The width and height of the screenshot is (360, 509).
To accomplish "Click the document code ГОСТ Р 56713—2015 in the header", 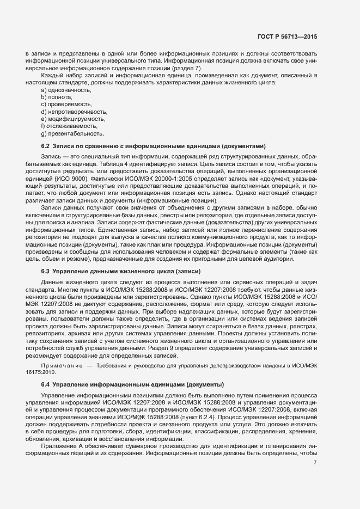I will coord(287,36).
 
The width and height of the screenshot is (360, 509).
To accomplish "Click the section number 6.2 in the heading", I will coord(46,146).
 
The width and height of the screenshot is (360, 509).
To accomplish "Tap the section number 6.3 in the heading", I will coord(46,271).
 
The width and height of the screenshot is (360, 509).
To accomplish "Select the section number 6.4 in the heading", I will coord(46,385).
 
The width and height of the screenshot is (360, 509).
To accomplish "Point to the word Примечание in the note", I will coord(61,365).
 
